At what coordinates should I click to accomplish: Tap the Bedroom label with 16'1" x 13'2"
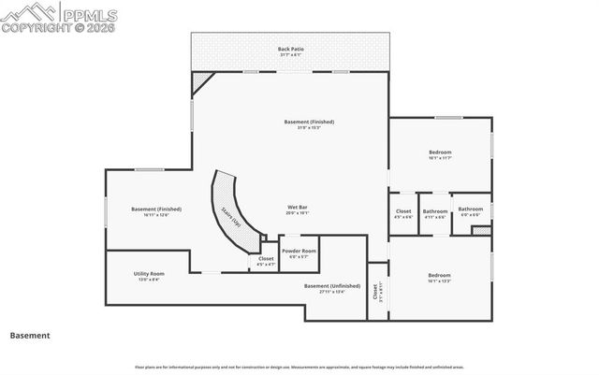click(440, 275)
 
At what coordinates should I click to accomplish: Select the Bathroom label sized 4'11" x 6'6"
click(434, 210)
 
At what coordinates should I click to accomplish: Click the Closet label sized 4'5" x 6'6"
click(402, 211)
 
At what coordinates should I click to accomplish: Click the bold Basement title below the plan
click(29, 335)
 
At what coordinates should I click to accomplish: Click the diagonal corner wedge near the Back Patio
click(200, 81)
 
